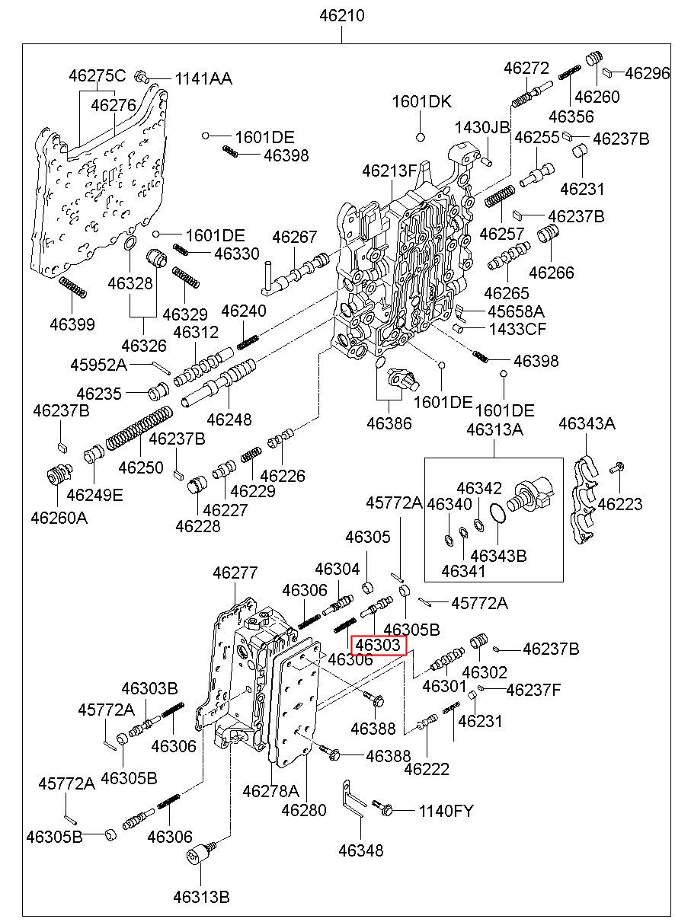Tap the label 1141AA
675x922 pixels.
pos(203,78)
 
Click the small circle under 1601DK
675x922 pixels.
pos(420,137)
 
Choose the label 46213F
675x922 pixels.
pos(390,171)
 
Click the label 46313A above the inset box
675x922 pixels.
pos(494,429)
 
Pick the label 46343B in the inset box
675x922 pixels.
pos(498,556)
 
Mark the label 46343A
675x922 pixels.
pos(587,423)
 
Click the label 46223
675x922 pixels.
pos(619,503)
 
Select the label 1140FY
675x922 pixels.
pos(446,811)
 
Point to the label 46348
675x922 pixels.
pos(361,850)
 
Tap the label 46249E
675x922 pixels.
pos(94,494)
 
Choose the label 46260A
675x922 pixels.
pos(59,518)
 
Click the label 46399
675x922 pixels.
pos(72,324)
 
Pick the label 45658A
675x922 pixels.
pos(517,311)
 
